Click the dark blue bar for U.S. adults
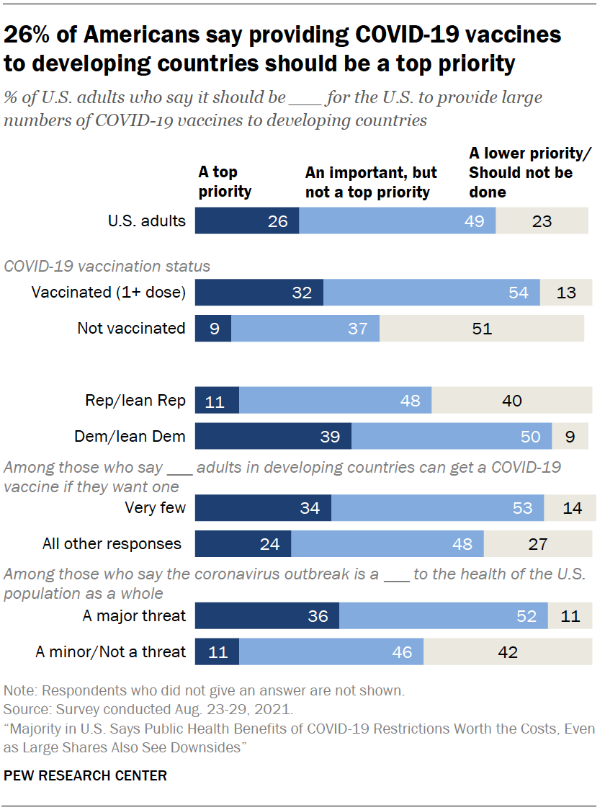(x=247, y=221)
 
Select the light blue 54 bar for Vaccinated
(x=431, y=293)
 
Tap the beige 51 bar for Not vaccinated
(x=482, y=329)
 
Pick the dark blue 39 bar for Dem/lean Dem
(x=273, y=436)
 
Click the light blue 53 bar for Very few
(x=437, y=508)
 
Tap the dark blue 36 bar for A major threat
(x=267, y=616)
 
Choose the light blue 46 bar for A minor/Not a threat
(x=331, y=652)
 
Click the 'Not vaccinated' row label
(x=131, y=329)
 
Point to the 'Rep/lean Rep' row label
(x=135, y=401)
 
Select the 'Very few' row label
(x=155, y=508)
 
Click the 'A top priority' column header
(x=225, y=182)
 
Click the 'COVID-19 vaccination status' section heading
(x=107, y=266)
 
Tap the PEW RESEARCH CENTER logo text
(x=85, y=776)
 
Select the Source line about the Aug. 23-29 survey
(x=148, y=709)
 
